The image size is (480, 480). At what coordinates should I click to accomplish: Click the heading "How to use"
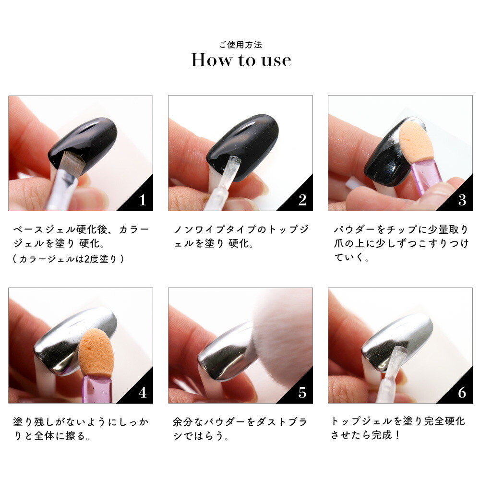pos(241,60)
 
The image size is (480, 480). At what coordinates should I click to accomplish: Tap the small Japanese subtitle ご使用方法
pos(240,45)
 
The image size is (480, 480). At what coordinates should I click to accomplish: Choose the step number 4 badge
pos(142,392)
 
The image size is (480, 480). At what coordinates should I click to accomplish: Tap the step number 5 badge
pos(302,392)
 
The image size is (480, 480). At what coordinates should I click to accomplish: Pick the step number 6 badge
pos(462,392)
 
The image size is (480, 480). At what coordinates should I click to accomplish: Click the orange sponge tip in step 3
pos(416,142)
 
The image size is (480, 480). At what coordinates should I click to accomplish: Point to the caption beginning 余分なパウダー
pos(240,429)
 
